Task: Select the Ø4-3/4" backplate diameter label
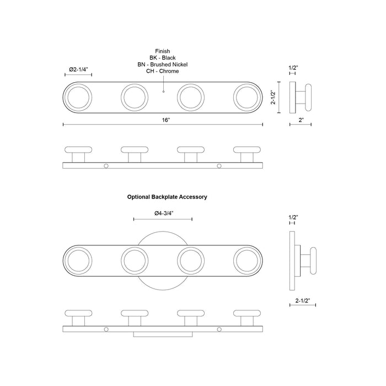[163, 213]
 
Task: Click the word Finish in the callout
[163, 50]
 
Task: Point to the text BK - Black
[163, 57]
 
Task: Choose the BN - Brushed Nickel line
[163, 65]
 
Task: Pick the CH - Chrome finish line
[163, 72]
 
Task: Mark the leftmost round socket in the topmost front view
[78, 97]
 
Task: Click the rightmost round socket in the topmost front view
[247, 97]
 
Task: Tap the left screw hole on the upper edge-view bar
[106, 166]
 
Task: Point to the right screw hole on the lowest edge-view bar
[219, 329]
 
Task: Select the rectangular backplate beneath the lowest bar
[163, 334]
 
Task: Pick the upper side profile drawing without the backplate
[302, 97]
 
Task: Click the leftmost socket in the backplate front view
[78, 260]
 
